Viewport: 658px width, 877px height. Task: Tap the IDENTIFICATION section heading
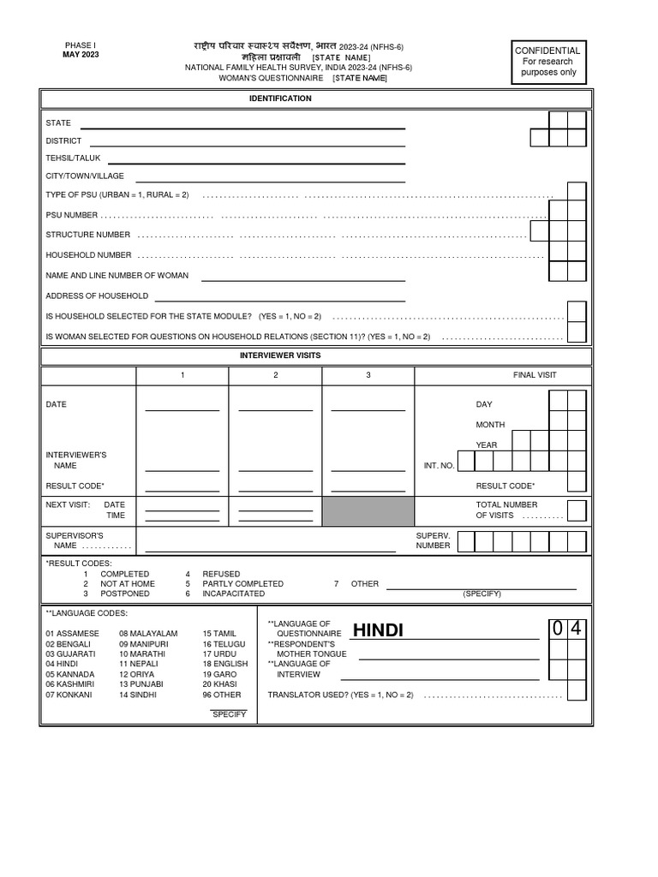click(280, 99)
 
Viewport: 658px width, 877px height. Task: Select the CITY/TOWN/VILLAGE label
click(85, 176)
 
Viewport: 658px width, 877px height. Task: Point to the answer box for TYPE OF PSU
click(577, 192)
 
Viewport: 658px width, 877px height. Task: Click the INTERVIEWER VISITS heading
click(280, 355)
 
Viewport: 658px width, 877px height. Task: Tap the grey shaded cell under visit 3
click(368, 510)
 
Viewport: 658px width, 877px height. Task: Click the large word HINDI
click(377, 631)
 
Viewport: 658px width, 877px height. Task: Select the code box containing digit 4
click(577, 629)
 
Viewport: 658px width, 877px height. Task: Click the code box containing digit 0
click(558, 629)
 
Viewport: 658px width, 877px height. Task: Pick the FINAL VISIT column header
click(535, 375)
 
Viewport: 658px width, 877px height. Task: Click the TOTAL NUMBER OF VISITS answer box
click(577, 510)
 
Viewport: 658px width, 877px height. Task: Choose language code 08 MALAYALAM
click(148, 633)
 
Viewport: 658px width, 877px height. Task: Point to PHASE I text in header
click(81, 45)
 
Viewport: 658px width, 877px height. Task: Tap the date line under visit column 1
click(182, 409)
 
